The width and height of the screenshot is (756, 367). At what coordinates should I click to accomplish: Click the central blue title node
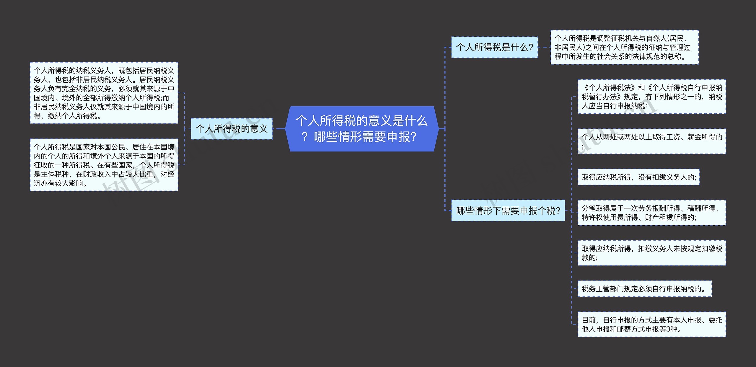pyautogui.click(x=362, y=129)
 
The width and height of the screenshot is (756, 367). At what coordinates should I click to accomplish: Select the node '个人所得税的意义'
pyautogui.click(x=232, y=129)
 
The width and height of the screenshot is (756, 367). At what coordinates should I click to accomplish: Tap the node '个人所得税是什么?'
pyautogui.click(x=494, y=47)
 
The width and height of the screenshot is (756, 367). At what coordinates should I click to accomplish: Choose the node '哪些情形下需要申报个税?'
pyautogui.click(x=508, y=211)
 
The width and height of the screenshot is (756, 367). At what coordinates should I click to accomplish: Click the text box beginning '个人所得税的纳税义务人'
pyautogui.click(x=104, y=93)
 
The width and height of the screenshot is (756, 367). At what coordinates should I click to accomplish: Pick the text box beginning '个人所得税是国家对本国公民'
pyautogui.click(x=104, y=165)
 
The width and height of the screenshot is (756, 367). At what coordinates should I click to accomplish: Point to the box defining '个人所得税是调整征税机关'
pyautogui.click(x=624, y=47)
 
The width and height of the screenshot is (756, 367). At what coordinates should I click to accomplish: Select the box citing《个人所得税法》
pyautogui.click(x=651, y=97)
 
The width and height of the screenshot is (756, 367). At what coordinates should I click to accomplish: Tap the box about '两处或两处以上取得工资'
pyautogui.click(x=651, y=141)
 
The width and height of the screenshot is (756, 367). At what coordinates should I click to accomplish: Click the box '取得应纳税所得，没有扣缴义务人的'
pyautogui.click(x=638, y=177)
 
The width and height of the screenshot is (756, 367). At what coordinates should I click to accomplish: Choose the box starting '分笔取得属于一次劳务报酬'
pyautogui.click(x=651, y=213)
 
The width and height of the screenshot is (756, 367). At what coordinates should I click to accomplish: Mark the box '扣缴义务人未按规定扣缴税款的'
pyautogui.click(x=651, y=253)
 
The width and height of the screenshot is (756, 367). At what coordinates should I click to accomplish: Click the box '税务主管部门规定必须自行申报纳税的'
pyautogui.click(x=644, y=289)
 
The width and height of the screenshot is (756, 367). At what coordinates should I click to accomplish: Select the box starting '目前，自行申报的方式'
pyautogui.click(x=651, y=324)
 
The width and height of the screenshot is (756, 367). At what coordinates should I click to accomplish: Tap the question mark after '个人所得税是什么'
pyautogui.click(x=531, y=47)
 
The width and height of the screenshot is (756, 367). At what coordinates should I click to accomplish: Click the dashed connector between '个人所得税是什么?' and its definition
pyautogui.click(x=544, y=47)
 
